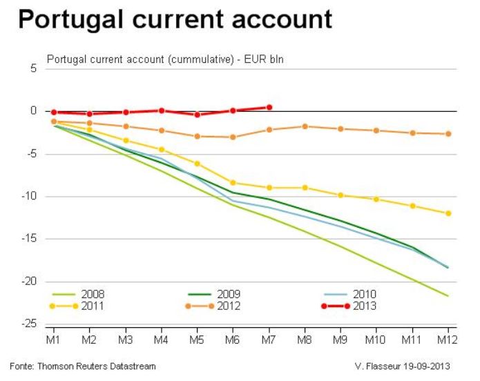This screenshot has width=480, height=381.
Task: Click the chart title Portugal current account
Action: tap(175, 19)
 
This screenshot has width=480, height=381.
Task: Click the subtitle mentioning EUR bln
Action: tap(165, 59)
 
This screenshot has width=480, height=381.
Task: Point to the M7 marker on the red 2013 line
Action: tap(269, 107)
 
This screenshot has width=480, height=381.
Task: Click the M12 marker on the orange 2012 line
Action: tap(448, 134)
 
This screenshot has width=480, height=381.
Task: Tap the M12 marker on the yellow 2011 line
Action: tap(448, 213)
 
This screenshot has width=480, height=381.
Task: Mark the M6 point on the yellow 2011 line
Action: tap(233, 183)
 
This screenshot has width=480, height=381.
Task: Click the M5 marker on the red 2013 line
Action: tap(198, 115)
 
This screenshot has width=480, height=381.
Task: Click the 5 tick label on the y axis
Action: tap(32, 68)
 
